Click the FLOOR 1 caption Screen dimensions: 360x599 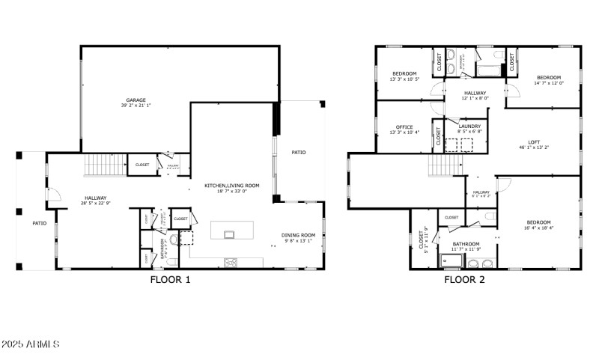pos(170,280)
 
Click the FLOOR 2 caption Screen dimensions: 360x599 pos(464,280)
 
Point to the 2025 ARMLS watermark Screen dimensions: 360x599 pos(30,344)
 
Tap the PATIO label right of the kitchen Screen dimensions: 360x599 pos(299,153)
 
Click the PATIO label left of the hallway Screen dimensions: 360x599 pos(38,223)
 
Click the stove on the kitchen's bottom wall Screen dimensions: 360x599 pos(231,262)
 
